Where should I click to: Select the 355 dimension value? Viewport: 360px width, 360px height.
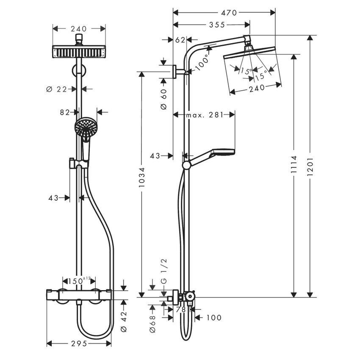point(217,25)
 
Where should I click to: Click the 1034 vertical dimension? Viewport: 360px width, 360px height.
point(142,180)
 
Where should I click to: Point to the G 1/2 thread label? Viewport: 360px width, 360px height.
point(164,276)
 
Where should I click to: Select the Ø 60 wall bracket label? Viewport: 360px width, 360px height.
point(164,100)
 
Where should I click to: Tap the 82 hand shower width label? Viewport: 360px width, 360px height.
point(65,112)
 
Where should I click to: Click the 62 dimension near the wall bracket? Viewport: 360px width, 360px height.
point(180,40)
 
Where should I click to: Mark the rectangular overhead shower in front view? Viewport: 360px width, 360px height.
point(79,52)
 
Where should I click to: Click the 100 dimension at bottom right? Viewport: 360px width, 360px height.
point(213,318)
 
